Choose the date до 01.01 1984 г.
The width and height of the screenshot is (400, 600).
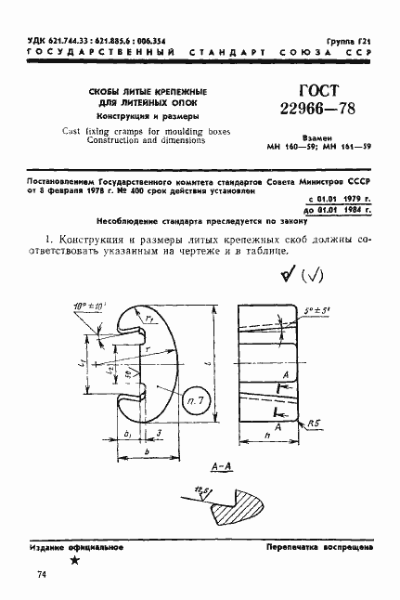click(339, 211)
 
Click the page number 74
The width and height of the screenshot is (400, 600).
click(42, 576)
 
